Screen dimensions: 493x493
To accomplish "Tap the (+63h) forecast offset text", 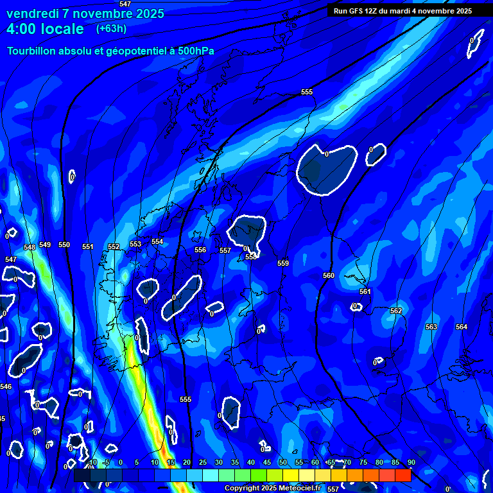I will coord(111,28).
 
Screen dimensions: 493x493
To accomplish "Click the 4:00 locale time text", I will coord(45,29).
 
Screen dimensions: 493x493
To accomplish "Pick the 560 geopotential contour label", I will coord(329,275).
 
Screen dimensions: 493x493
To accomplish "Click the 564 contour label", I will coord(462,327).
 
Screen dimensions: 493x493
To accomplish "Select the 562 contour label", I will coord(396,311).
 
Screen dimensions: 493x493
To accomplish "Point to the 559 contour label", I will coord(283,263).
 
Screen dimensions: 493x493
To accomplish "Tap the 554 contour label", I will coord(157,241).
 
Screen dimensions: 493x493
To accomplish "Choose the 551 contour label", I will coord(88,246).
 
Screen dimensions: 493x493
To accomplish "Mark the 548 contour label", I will coord(30,247).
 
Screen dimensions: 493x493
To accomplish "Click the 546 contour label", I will coord(6,386).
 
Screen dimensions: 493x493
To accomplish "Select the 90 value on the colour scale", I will coord(411,462).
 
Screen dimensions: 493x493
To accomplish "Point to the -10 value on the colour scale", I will coord(92,462).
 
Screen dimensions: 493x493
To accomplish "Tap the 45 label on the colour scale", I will coord(267,462).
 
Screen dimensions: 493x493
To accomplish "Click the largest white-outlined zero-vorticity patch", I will coord(325,169).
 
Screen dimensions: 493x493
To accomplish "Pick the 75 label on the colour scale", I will coord(363,462).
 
